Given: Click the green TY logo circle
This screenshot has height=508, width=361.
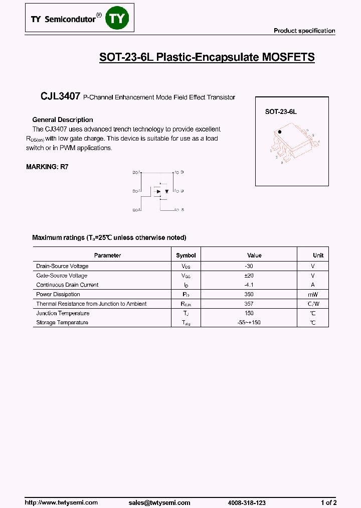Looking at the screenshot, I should pyautogui.click(x=119, y=19).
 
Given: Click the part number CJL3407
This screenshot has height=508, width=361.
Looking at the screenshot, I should pyautogui.click(x=60, y=97).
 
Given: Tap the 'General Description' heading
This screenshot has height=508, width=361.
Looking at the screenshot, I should pyautogui.click(x=63, y=120).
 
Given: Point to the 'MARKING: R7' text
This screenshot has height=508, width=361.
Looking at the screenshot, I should pyautogui.click(x=47, y=167).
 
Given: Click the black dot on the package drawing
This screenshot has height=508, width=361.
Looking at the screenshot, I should pyautogui.click(x=280, y=132).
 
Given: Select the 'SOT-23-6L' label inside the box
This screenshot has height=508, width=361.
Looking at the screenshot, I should pyautogui.click(x=281, y=112).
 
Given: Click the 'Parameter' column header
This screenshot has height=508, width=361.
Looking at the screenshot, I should pyautogui.click(x=107, y=256).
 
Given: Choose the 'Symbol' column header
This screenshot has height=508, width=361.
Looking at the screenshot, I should pyautogui.click(x=186, y=256).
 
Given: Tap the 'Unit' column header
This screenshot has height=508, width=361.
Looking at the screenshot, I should pyautogui.click(x=318, y=256).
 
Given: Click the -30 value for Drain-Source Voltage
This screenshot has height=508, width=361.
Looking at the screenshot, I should pyautogui.click(x=249, y=266).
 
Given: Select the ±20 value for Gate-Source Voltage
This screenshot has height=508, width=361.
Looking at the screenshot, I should pyautogui.click(x=249, y=276).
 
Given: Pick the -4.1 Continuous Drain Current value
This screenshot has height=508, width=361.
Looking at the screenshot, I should pyautogui.click(x=249, y=285).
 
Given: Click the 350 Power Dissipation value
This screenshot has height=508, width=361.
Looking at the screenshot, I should pyautogui.click(x=249, y=295).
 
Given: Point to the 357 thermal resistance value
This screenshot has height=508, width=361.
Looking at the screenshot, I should pyautogui.click(x=249, y=304).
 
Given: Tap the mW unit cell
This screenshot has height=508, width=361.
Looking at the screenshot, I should pyautogui.click(x=313, y=295).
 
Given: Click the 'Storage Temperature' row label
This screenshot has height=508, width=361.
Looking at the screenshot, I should pyautogui.click(x=62, y=323).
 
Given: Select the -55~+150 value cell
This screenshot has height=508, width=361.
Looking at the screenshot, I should pyautogui.click(x=249, y=323).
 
